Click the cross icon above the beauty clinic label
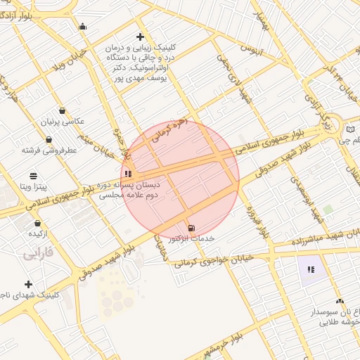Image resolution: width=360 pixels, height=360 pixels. click(x=141, y=37)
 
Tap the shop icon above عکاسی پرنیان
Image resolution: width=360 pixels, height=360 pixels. click(x=63, y=110)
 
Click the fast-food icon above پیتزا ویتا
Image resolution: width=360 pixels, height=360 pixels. click(x=33, y=176)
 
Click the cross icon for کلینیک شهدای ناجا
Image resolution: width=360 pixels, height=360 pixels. click(x=28, y=284)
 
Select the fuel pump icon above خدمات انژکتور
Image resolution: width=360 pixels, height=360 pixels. click(x=191, y=228)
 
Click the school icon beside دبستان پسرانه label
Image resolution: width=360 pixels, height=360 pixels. click(x=127, y=172)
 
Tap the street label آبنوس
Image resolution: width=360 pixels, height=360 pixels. click(x=252, y=49)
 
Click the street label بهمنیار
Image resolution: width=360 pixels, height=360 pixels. click(x=261, y=23)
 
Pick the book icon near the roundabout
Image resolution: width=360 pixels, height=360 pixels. click(x=351, y=129)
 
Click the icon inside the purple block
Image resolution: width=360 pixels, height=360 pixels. click(x=310, y=269)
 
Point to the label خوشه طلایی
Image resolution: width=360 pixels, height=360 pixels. click(x=339, y=323)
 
